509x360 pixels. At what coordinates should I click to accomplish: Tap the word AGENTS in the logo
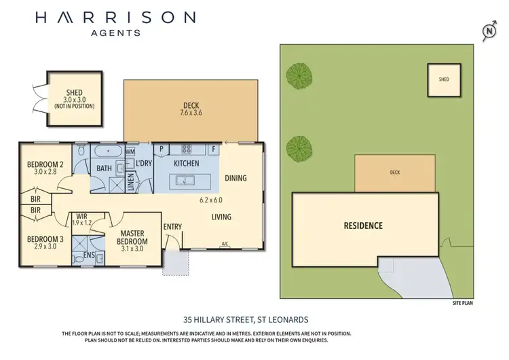pyautogui.click(x=115, y=32)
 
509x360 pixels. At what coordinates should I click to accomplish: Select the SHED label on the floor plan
pyautogui.click(x=75, y=93)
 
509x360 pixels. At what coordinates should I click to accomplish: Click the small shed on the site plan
pyautogui.click(x=443, y=79)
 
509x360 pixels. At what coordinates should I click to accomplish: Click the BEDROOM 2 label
pyautogui.click(x=46, y=164)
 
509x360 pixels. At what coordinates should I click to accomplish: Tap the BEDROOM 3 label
pyautogui.click(x=46, y=238)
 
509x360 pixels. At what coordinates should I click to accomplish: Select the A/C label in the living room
pyautogui.click(x=224, y=244)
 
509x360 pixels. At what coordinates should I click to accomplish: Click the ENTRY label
pyautogui.click(x=172, y=228)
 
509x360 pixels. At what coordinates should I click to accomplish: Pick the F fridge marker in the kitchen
pyautogui.click(x=213, y=148)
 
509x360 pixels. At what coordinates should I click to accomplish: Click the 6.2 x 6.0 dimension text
pyautogui.click(x=211, y=200)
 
